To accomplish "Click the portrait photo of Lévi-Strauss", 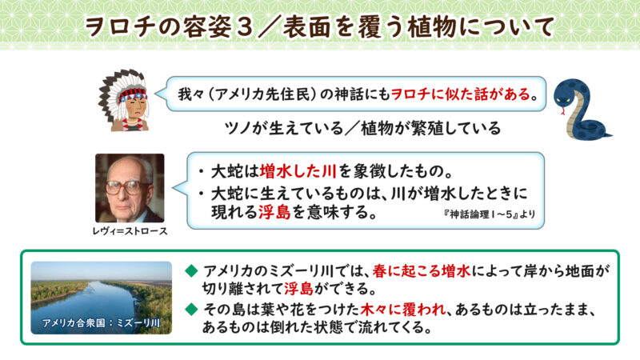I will (x=130, y=189).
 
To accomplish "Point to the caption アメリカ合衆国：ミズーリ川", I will (x=101, y=325).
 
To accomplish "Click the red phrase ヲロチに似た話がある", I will (x=460, y=94).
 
